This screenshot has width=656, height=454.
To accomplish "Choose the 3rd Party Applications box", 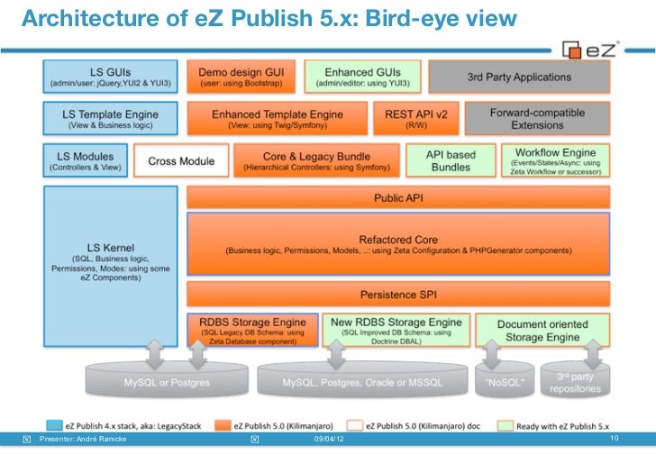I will tap(519, 77).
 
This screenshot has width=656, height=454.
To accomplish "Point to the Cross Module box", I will tap(181, 161).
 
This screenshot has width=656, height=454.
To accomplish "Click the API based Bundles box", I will tap(462, 161).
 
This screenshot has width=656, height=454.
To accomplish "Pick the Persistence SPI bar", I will tap(397, 294).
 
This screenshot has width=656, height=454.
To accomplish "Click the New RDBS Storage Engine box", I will tap(396, 329).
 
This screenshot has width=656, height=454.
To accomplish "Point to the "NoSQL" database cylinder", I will tap(499, 383).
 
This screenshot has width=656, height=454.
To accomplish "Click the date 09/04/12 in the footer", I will tap(328, 439).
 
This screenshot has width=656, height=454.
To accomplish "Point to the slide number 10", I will tap(615, 438).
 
